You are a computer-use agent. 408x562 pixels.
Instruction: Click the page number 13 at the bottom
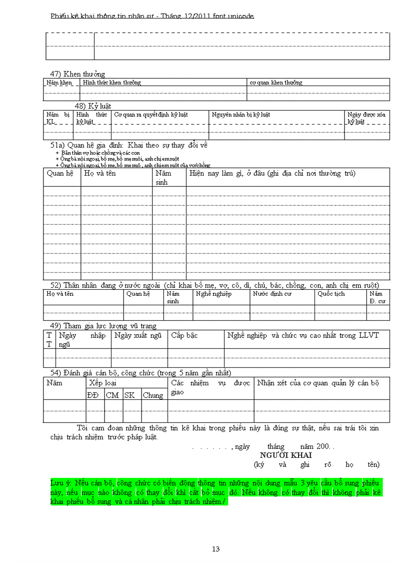coord(215,549)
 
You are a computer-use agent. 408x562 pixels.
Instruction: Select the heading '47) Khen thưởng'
coord(77,74)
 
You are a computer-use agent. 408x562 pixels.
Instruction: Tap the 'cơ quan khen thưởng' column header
coord(276,83)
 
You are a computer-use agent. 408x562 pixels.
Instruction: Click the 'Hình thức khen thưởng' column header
coord(112,83)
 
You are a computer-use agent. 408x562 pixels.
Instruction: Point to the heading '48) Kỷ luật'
coord(92,106)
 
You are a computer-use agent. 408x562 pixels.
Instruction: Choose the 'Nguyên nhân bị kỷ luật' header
coord(241,115)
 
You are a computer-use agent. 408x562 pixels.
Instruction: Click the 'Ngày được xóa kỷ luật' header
coord(366,118)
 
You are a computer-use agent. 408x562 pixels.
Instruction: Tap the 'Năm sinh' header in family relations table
coord(163,178)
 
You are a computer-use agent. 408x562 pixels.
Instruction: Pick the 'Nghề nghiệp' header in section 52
coord(213,294)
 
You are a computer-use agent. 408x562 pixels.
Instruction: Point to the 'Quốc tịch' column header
coord(331,294)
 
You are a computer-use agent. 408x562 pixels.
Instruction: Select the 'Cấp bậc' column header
coord(184,335)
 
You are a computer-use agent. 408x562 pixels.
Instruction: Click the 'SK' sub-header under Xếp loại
coord(129,395)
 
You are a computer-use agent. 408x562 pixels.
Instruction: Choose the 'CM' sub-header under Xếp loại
coord(112,395)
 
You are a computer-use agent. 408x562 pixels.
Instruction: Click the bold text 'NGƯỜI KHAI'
coord(285,455)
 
